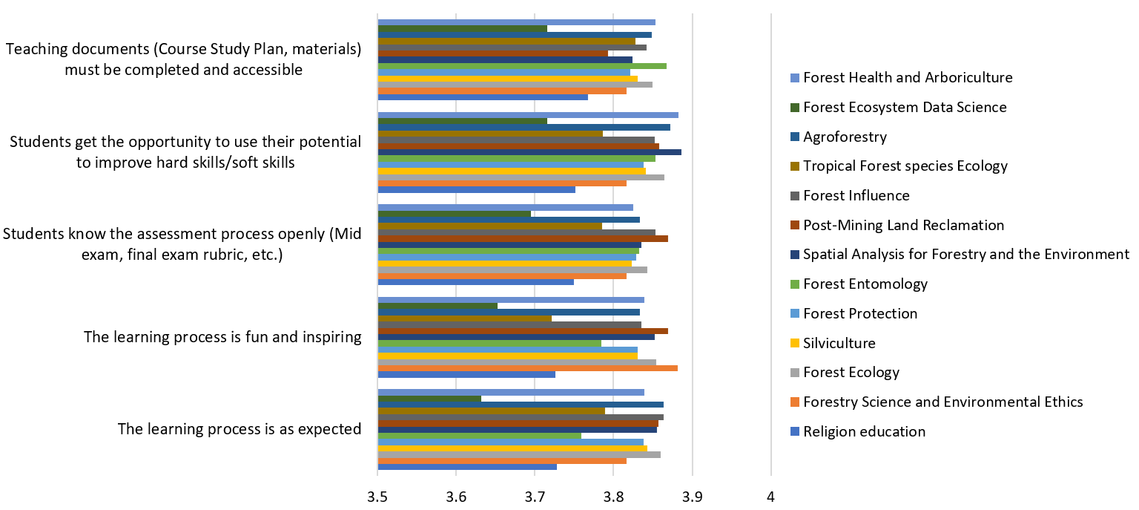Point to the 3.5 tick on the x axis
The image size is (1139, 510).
click(x=377, y=495)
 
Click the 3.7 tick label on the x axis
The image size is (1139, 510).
click(x=535, y=495)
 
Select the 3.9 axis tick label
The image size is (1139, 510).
click(x=692, y=495)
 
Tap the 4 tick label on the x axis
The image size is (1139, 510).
click(x=771, y=495)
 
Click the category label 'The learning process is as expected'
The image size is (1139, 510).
click(x=240, y=429)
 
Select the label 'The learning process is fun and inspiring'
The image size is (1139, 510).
click(x=222, y=337)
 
